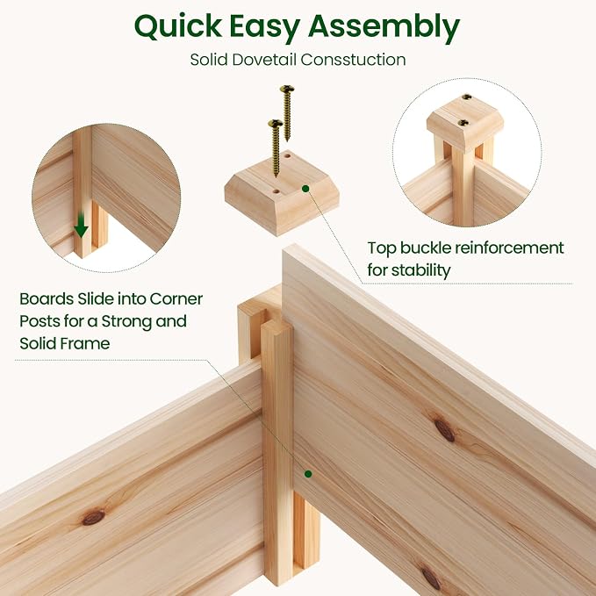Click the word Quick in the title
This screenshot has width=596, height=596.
178,26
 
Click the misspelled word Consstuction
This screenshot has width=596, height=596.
353,60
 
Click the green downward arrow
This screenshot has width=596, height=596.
81,226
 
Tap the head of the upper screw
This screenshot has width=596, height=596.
287,90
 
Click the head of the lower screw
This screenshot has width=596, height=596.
276,124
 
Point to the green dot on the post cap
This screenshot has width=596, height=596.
305,189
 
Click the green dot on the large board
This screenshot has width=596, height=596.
308,474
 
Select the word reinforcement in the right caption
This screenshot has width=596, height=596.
509,248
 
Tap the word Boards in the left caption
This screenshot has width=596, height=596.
47,298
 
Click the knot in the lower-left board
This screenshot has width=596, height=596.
94,517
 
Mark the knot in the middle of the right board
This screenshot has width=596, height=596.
445,431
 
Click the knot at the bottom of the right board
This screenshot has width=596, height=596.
431,578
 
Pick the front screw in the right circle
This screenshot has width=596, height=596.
463,123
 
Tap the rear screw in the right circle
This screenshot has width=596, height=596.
467,97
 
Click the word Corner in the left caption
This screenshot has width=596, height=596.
176,298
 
